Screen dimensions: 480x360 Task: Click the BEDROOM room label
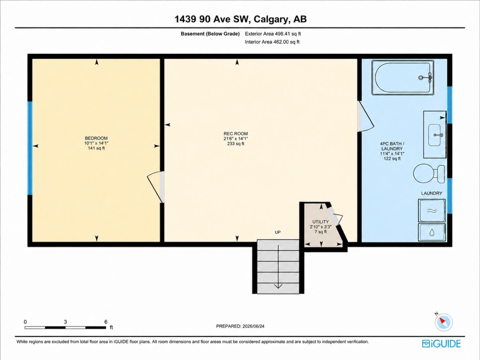(96, 138)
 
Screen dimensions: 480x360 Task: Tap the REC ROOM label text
(236, 134)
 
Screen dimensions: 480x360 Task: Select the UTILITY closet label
(320, 222)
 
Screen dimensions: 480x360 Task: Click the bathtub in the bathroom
(403, 78)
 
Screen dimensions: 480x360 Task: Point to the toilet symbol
(429, 174)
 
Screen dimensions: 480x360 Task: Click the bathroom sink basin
(435, 135)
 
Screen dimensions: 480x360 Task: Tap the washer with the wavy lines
(432, 210)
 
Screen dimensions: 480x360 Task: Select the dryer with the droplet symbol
(432, 232)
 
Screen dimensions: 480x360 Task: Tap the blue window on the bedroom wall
(30, 148)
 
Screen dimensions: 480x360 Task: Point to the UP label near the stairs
(278, 232)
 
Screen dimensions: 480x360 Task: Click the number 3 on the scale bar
(65, 322)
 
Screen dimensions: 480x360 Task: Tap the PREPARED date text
(240, 326)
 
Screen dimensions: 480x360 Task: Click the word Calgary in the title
(271, 19)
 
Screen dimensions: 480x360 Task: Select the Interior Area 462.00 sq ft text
(272, 42)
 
